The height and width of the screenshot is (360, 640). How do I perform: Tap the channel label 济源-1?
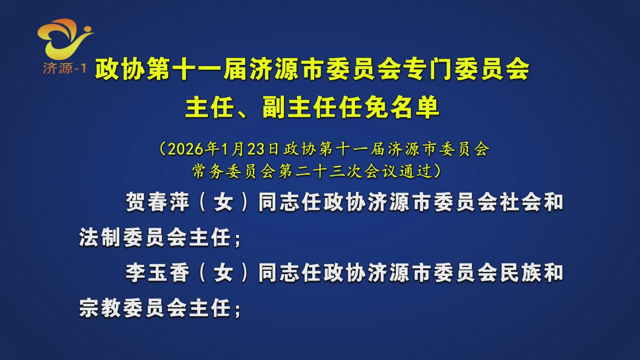click(64, 68)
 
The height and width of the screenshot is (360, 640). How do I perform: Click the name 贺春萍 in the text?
click(157, 202)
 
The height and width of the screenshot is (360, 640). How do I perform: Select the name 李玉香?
click(157, 273)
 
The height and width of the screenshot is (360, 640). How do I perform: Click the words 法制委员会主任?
click(155, 237)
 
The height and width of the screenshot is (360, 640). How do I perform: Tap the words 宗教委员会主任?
click(155, 308)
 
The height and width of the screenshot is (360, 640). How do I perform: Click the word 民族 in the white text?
click(520, 273)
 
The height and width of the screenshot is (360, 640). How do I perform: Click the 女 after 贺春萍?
click(223, 202)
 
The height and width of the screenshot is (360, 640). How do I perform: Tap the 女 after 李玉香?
click(223, 273)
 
